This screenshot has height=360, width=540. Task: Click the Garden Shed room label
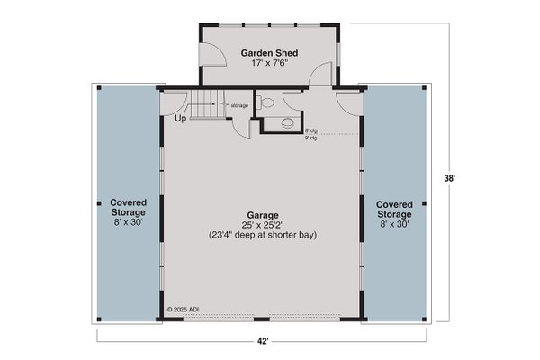(269, 53)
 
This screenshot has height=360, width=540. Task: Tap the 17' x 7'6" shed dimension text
(269, 64)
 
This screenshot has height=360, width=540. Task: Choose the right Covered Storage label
(394, 209)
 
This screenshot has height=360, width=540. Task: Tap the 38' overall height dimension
(463, 178)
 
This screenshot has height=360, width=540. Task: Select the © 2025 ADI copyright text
(184, 308)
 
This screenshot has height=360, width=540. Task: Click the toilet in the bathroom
(263, 102)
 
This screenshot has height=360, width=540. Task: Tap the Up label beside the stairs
(180, 118)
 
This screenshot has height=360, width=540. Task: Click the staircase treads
(205, 103)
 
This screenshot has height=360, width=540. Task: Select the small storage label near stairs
(239, 105)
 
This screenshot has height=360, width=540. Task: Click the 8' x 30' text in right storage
(394, 225)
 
